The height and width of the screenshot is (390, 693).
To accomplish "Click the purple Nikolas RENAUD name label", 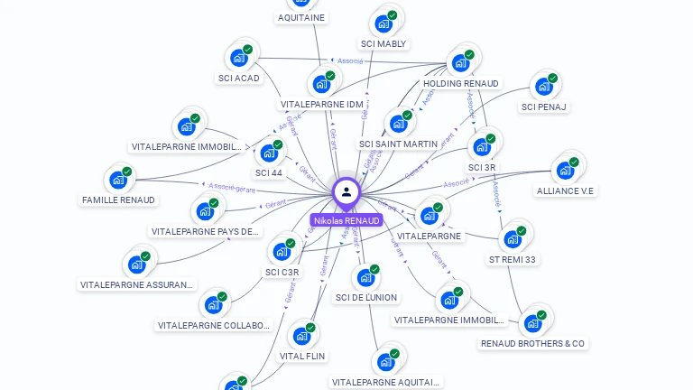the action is coord(346,220).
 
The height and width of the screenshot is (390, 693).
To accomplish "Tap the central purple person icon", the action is coord(346,191).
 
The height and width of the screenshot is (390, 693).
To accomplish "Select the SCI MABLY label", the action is coord(384,43).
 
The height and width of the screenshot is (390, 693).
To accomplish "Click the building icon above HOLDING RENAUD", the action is coord(460,63).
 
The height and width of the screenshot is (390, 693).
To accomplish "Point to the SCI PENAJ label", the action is coord(544,107).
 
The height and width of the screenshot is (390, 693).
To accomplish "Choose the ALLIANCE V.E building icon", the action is coord(565,170).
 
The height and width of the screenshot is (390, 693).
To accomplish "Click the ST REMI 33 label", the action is coord(513,259).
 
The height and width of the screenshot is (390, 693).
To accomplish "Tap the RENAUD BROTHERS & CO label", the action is coord(532,343).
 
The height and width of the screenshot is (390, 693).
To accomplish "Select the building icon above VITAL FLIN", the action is coord(301,336).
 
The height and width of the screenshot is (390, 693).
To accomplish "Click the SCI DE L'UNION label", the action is coord(366,297).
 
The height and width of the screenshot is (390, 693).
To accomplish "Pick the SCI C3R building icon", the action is coord(282,251).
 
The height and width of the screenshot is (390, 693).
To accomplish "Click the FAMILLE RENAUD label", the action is coord(118,200).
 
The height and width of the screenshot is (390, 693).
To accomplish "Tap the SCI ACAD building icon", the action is coord(238,58).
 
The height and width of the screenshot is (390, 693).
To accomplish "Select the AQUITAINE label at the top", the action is coord(301,17).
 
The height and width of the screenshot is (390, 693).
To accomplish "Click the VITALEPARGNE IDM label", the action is coord(321,104).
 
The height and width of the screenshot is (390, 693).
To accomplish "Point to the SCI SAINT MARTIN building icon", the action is coord(397,124).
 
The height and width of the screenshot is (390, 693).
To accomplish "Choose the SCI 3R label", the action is coord(482,167).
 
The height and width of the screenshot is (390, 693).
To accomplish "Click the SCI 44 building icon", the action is coord(268,153).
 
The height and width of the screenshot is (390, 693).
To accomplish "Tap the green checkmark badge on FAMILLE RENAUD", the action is coord(127,172).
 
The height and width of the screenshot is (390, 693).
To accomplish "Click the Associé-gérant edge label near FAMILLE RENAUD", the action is coord(232,188).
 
